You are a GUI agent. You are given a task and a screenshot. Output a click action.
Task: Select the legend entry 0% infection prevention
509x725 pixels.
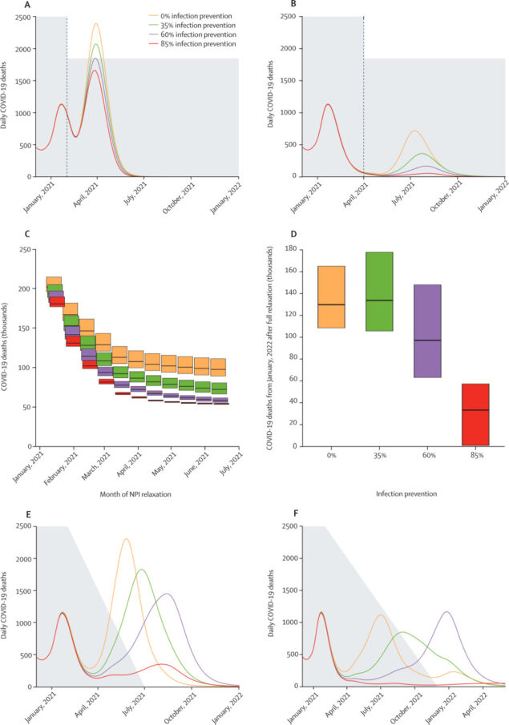197,14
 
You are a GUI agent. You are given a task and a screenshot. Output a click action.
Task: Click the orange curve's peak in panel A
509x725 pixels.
96,24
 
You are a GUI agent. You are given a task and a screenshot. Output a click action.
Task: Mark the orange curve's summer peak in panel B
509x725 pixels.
414,131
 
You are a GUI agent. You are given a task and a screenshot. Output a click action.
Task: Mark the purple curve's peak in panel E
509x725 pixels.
167,594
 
